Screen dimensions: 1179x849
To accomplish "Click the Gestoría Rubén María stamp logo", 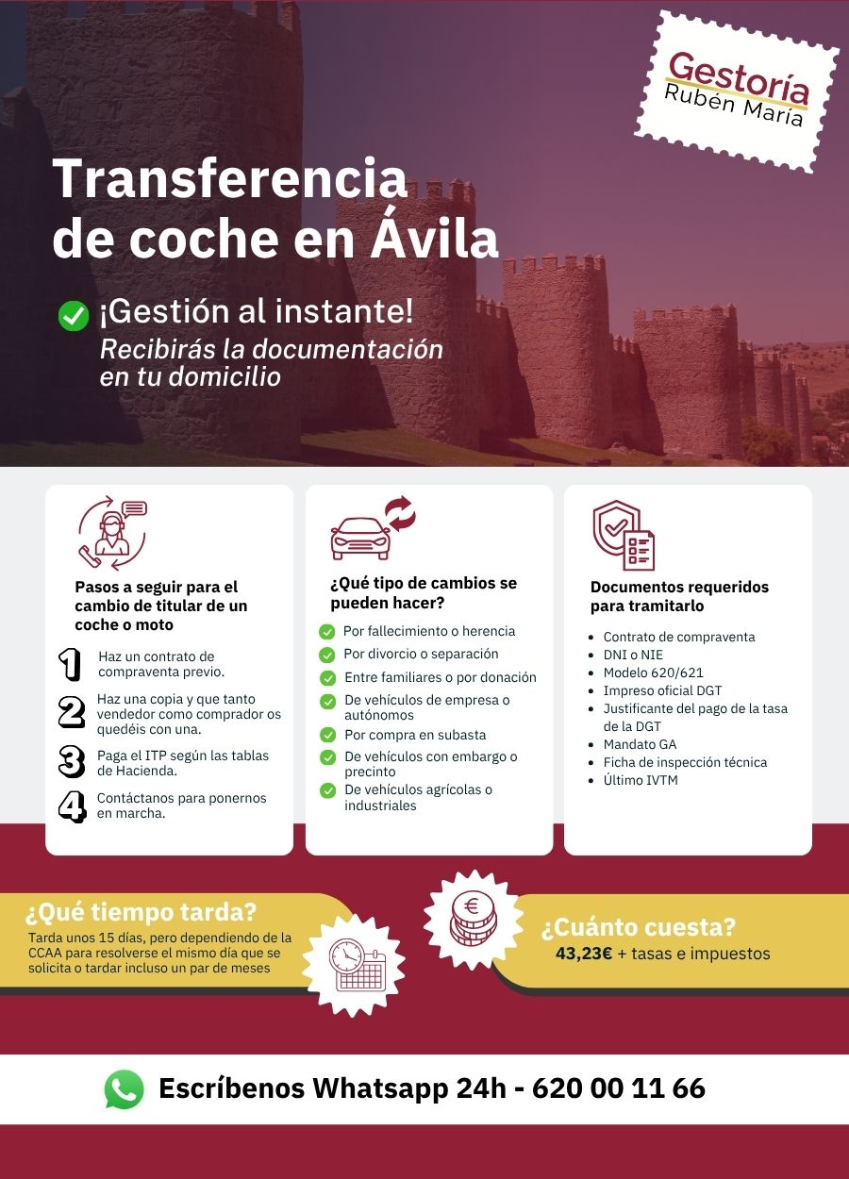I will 737,91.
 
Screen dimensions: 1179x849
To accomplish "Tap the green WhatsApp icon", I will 124,1089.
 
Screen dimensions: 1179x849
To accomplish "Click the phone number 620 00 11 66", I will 619,1088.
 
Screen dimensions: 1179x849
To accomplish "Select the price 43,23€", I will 584,954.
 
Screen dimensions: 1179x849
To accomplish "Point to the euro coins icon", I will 472,918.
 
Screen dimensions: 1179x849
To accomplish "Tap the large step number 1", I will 70,664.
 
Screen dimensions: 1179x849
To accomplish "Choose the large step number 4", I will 72,806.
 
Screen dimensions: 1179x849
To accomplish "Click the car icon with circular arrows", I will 372,528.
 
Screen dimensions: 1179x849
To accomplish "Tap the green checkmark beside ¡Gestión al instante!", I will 73,315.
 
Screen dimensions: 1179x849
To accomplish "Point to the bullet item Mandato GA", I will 640,744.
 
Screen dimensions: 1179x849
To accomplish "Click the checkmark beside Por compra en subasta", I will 327,735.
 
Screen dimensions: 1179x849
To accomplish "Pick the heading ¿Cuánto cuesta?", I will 638,928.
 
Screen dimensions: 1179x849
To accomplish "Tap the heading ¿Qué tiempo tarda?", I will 141,913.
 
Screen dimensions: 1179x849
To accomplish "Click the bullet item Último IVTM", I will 641,780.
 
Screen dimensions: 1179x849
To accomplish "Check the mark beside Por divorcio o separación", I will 327,655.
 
